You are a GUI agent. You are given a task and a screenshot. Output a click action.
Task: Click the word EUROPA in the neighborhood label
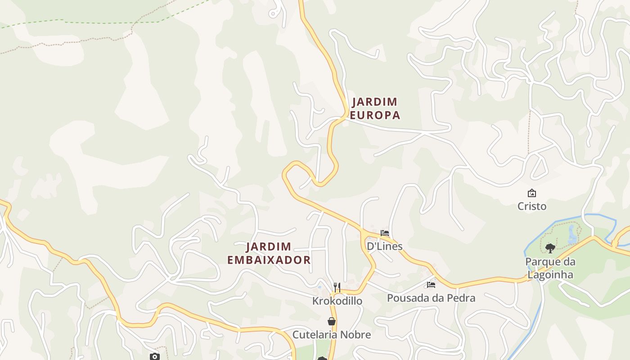click(x=375, y=115)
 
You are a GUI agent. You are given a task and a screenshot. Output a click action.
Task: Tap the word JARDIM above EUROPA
click(x=375, y=102)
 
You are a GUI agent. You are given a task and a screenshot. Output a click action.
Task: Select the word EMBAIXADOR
click(x=269, y=260)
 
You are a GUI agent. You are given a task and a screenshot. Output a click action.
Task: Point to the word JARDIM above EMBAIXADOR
click(x=269, y=247)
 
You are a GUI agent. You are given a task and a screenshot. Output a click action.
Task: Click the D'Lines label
click(x=384, y=246)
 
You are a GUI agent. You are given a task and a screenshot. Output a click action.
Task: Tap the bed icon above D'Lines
click(x=385, y=233)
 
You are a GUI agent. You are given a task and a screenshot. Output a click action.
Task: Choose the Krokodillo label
click(x=337, y=301)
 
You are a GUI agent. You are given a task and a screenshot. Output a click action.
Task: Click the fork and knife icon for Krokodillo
click(x=337, y=287)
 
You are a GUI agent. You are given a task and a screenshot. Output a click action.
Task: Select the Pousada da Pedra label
click(x=431, y=298)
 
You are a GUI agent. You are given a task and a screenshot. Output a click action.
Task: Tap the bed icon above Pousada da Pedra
click(x=431, y=285)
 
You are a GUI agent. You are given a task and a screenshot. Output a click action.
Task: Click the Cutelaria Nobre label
click(x=332, y=335)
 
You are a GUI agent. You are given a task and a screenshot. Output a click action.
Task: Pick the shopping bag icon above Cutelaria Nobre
click(x=332, y=321)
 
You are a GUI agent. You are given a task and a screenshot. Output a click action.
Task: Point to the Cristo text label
click(x=531, y=206)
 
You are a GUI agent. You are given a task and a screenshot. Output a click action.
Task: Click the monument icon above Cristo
click(x=532, y=193)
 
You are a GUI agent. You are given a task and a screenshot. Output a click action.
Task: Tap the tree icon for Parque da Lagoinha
click(x=550, y=248)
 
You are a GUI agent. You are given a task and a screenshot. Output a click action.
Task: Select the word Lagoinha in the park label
click(x=550, y=274)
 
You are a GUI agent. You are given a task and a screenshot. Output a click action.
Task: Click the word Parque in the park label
click(x=550, y=262)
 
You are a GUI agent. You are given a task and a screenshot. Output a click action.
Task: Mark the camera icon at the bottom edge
click(x=154, y=356)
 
